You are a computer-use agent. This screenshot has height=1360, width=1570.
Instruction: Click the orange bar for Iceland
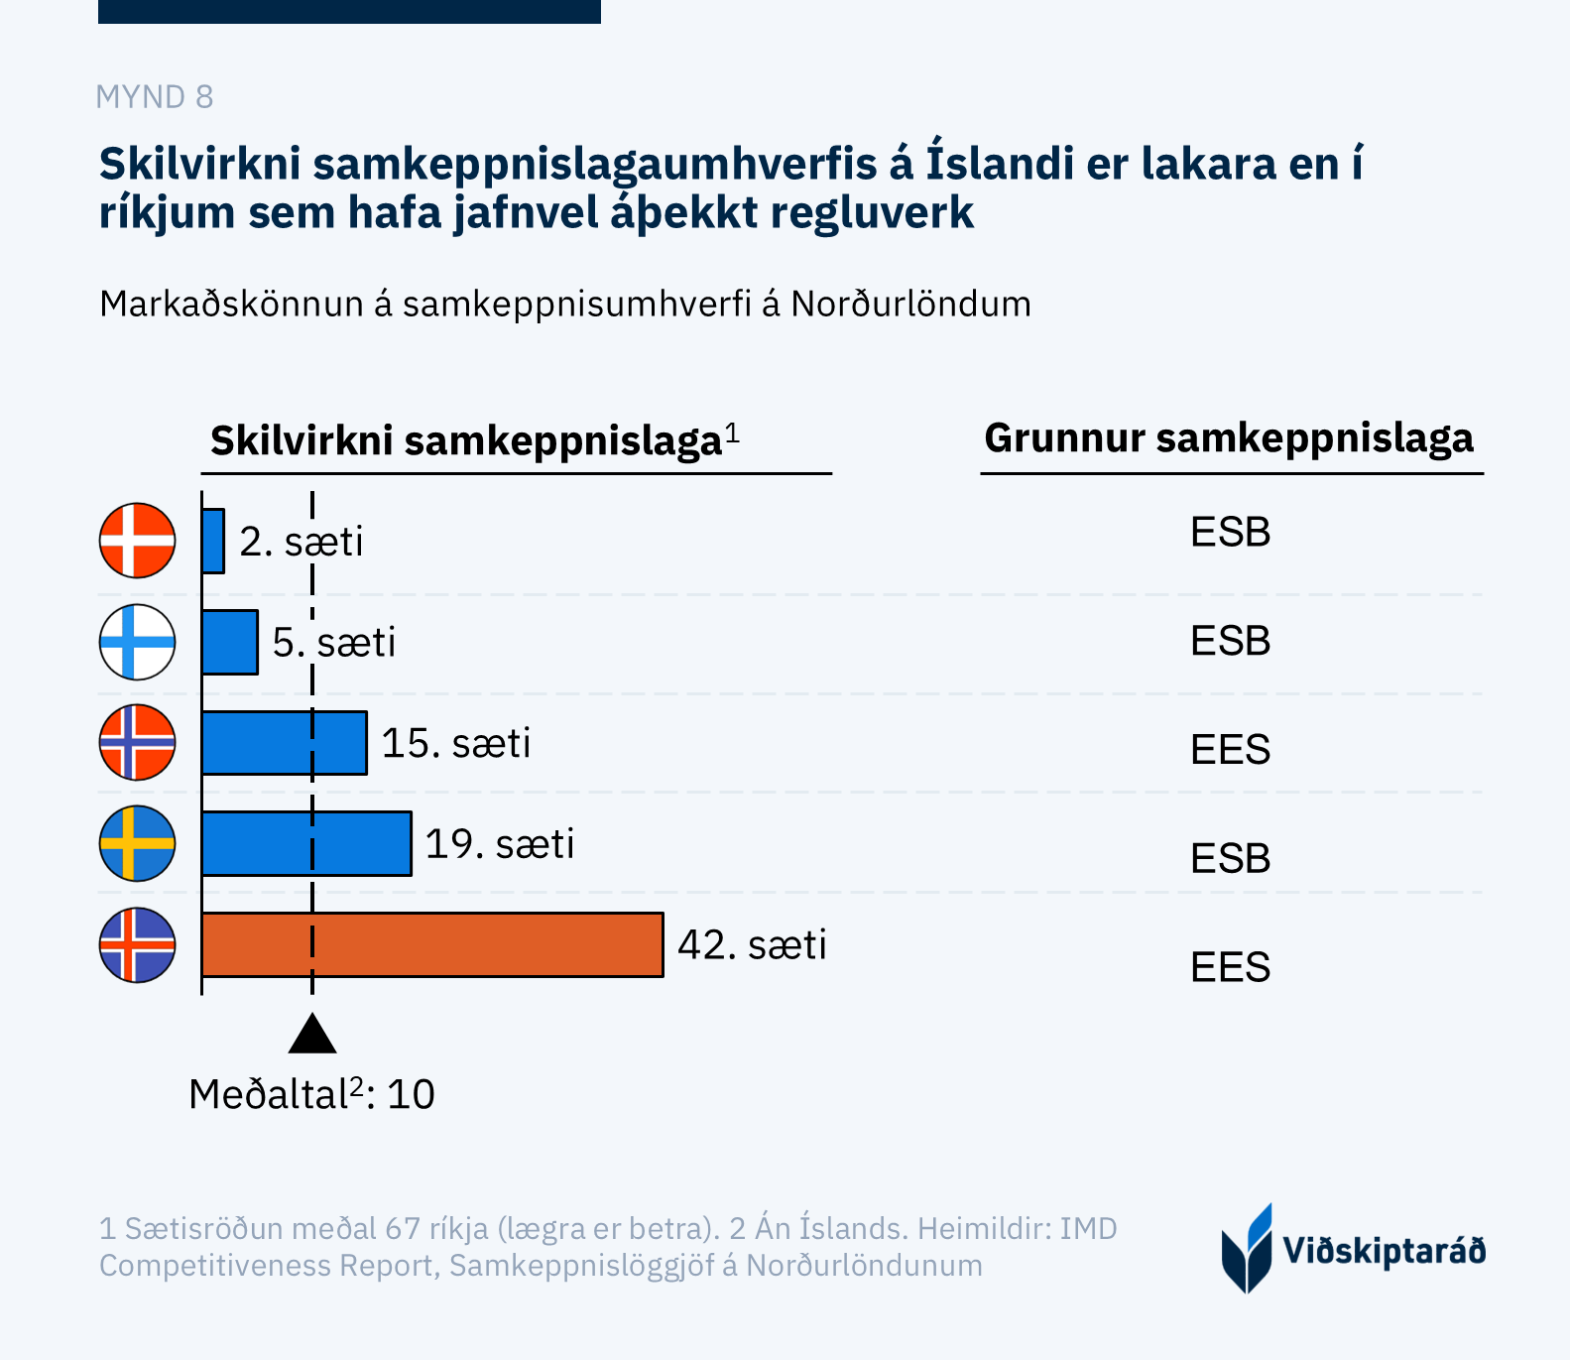coord(432,944)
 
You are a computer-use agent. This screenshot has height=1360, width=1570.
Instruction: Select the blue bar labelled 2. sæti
coord(213,541)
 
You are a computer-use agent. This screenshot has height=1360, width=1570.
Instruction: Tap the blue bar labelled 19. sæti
coord(306,843)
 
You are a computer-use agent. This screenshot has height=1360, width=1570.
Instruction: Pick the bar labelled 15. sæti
coord(285,742)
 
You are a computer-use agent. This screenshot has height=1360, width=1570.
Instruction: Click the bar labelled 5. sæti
coord(230,642)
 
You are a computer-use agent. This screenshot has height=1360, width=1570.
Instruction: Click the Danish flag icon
coord(138,541)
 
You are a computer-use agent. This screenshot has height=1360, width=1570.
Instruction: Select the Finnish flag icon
coord(138,642)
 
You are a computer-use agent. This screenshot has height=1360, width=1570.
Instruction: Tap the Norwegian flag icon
coord(138,742)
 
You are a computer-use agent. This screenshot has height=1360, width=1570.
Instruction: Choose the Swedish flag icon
coord(138,843)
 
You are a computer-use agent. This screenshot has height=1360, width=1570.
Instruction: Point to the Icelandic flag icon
coord(138,944)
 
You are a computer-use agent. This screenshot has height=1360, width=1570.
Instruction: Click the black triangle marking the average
coord(312,1035)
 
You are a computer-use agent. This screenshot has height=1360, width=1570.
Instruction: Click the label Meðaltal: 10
coord(312,1094)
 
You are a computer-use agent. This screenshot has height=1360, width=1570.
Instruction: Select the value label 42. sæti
coord(752,944)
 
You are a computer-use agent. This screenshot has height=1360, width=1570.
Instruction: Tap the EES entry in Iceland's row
coord(1230,966)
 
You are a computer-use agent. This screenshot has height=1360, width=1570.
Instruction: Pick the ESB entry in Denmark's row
coord(1230,533)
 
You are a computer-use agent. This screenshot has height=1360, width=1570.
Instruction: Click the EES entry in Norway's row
coord(1230,749)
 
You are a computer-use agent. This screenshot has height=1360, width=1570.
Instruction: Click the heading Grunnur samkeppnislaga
coord(1229,437)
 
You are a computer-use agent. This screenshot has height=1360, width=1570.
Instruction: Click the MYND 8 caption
coord(155,97)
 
